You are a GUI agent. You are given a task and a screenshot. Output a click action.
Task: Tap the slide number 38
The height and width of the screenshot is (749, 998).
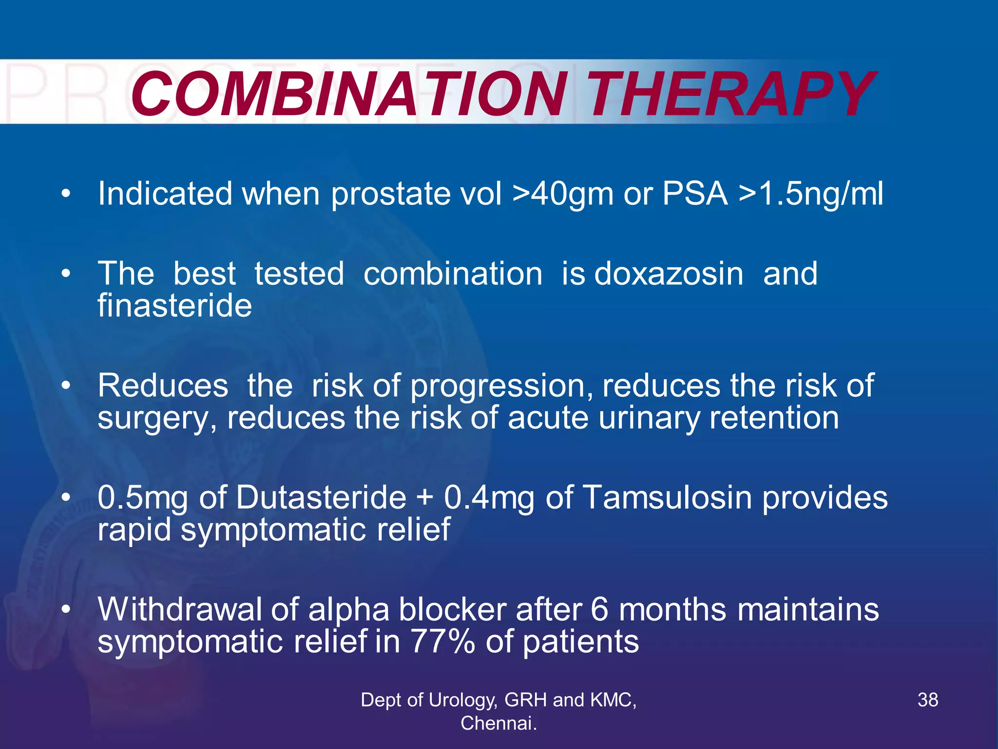pyautogui.click(x=927, y=700)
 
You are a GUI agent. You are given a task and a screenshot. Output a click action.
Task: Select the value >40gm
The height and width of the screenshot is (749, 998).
pyautogui.click(x=563, y=194)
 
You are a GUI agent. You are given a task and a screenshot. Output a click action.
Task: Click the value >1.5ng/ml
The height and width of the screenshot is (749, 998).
pyautogui.click(x=811, y=194)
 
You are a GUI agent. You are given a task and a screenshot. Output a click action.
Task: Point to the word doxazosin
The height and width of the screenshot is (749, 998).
pyautogui.click(x=669, y=274)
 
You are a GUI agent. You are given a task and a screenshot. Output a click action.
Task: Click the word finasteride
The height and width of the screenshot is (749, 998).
pyautogui.click(x=174, y=306)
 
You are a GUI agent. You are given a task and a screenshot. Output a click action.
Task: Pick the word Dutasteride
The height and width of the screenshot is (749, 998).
pyautogui.click(x=322, y=498)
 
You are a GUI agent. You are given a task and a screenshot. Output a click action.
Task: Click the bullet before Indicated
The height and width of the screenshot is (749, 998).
pyautogui.click(x=66, y=195)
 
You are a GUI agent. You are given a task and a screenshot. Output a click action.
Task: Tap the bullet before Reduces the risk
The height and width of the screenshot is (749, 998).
pyautogui.click(x=66, y=386)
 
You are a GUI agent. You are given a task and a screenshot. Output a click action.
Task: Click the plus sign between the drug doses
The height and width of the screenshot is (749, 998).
pyautogui.click(x=425, y=499)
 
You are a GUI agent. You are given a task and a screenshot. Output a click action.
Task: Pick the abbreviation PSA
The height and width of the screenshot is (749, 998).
pyautogui.click(x=695, y=194)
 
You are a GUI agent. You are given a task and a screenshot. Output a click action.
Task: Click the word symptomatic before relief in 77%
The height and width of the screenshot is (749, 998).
pyautogui.click(x=190, y=642)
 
